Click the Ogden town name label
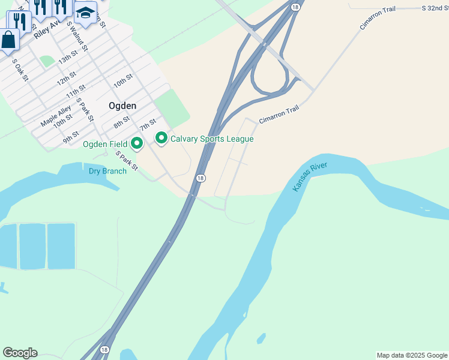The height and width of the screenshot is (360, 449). click(122, 106)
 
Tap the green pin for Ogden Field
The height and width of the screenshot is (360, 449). click(137, 143)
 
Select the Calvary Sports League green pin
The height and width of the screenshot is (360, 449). click(161, 139)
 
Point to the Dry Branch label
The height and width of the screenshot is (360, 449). click(107, 171)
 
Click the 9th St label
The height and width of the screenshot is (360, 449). click(70, 137)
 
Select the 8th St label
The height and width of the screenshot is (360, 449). click(121, 122)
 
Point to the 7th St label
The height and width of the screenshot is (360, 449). click(148, 125)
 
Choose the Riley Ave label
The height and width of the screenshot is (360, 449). click(47, 28)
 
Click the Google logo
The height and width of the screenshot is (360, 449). click(20, 353)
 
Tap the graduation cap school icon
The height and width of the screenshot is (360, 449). click(86, 12)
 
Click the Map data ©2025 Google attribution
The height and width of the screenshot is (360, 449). click(412, 355)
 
